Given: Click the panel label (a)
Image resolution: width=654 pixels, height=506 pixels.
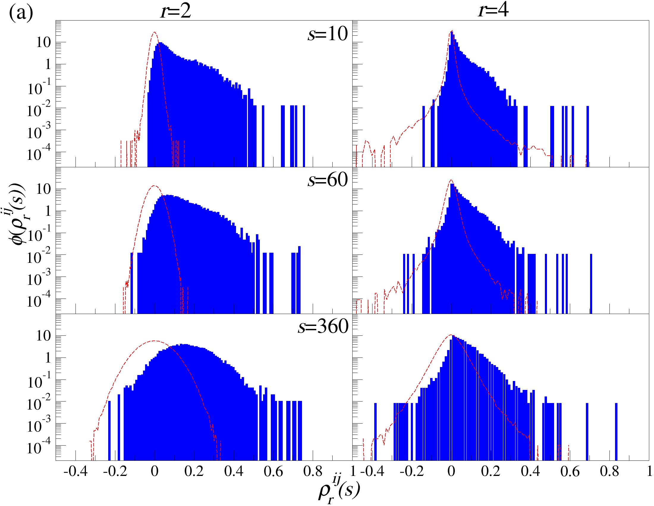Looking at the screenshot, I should coord(21,13).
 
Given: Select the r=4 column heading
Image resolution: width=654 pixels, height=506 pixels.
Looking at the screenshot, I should coord(493,10).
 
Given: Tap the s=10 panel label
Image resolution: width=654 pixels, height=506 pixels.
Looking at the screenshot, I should coord(328,34).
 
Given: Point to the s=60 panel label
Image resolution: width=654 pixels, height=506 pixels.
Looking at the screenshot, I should coord(328,180).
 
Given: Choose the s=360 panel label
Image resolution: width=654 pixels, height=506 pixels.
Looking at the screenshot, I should coord(323,327).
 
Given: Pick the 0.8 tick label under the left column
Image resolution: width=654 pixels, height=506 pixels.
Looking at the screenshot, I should coord(313,471).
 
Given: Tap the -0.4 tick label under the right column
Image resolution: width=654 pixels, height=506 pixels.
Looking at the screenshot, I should coord(372,471).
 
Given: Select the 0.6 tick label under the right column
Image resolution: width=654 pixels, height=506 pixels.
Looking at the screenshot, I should coord(570,471).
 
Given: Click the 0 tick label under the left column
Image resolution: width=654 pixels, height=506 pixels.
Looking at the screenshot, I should coord(155,471).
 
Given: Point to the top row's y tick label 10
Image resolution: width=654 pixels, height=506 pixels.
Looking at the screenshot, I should coord(44,43).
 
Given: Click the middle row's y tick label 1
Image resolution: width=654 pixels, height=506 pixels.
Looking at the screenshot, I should coord(48,211).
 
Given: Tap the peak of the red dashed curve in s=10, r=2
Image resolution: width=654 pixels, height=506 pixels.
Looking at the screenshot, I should coord(155,32).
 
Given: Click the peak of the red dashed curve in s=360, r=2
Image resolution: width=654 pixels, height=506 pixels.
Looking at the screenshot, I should coord(155,341).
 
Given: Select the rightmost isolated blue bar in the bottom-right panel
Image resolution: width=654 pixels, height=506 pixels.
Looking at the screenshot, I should coord(616,432).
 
